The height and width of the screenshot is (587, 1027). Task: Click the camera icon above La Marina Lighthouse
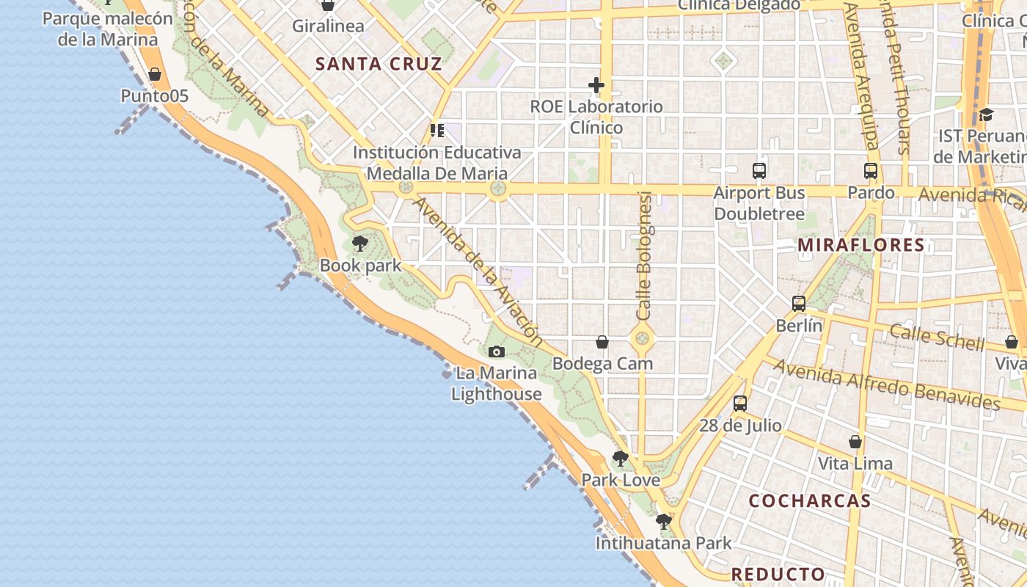[x=497, y=352]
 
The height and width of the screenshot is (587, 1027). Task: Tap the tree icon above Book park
[x=359, y=243]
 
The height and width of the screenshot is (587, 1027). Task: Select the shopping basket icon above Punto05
[x=155, y=74]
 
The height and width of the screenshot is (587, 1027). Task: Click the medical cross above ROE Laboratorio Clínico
[x=596, y=86]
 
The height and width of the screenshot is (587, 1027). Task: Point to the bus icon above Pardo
[x=871, y=171]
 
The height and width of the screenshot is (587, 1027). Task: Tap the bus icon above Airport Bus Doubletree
[x=759, y=171]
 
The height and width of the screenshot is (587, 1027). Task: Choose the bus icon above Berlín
[x=799, y=303]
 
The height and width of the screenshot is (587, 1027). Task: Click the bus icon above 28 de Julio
[x=740, y=403]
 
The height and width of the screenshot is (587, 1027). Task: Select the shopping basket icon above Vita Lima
[x=855, y=442]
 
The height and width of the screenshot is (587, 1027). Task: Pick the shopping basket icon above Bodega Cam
[x=602, y=342]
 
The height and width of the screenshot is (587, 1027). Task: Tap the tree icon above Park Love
[x=621, y=459]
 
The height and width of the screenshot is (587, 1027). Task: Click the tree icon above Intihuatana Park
[x=663, y=522]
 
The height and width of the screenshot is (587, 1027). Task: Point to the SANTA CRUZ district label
[x=379, y=64]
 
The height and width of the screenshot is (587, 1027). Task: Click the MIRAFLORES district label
[x=861, y=245]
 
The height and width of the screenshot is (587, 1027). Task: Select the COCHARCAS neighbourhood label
[x=810, y=501]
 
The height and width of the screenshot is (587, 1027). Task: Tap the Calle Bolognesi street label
[x=644, y=255]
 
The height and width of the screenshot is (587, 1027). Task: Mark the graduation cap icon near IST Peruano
[x=986, y=115]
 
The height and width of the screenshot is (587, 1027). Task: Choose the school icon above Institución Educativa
[x=437, y=131]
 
